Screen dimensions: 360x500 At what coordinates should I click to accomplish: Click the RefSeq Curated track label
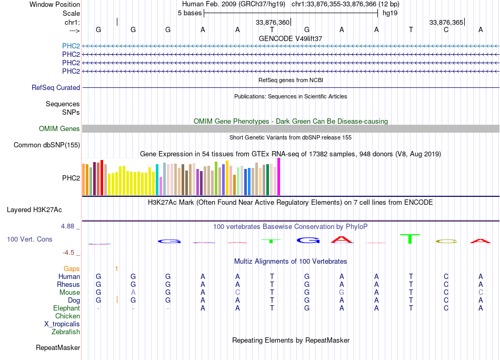coord(56,88)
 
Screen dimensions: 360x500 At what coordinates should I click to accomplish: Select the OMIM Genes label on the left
coord(59,129)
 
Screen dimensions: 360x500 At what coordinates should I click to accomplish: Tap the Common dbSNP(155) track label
coord(47,145)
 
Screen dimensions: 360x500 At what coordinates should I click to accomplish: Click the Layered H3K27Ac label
coord(34,209)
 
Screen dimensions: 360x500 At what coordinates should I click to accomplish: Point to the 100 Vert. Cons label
coord(29,239)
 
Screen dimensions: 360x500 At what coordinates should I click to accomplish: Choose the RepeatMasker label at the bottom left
coord(58,348)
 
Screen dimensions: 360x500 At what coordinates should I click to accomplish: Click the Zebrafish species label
coord(66,332)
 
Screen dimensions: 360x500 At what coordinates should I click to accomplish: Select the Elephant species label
coord(66,308)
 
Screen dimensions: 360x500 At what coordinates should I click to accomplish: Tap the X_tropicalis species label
coord(62,324)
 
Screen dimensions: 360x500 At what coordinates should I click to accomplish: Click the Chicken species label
coord(67,316)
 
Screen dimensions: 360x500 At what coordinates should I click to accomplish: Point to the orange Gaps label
coord(72,269)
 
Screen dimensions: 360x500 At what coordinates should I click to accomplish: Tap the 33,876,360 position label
coord(273,23)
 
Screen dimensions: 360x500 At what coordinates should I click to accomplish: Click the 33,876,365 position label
coord(446,23)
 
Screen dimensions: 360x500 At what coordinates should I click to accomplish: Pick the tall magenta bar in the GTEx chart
coord(279,177)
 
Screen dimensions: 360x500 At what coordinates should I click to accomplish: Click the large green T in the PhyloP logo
coord(409,238)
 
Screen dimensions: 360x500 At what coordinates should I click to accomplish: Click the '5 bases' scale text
coord(189,13)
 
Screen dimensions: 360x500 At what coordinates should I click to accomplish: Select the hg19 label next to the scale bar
coord(389,13)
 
